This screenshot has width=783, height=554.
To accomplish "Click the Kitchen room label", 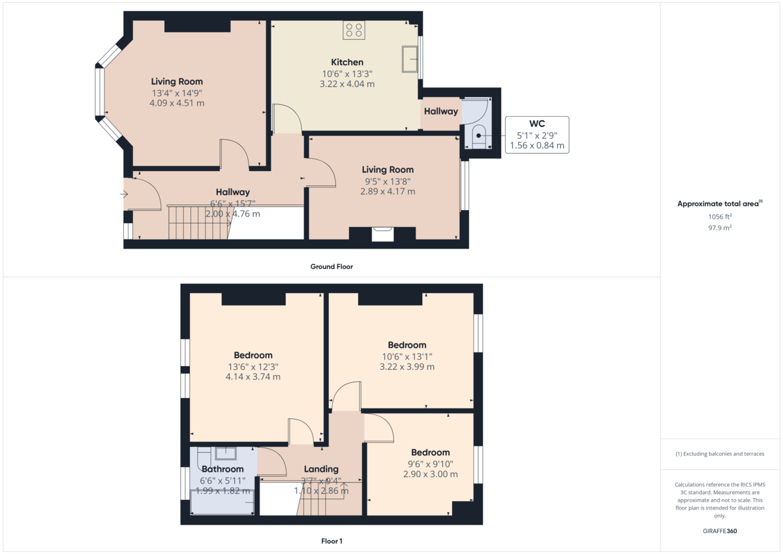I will click(346, 62).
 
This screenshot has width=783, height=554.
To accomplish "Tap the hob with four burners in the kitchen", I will click(354, 29).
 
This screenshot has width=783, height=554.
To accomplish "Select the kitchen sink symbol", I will click(410, 59).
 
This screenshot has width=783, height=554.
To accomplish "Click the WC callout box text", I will click(537, 135).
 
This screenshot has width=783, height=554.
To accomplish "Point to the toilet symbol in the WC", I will click(479, 136).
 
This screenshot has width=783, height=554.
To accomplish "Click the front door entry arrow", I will click(124, 194).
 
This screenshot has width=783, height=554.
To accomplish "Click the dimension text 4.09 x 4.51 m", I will click(177, 103).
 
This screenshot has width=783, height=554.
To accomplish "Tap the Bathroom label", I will click(223, 469).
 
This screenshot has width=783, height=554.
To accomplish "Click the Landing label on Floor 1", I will click(321, 469).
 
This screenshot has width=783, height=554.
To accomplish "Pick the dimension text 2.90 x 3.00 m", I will click(430, 474).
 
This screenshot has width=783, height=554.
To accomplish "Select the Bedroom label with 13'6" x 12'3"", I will click(253, 355).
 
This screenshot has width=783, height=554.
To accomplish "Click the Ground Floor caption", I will click(331, 266).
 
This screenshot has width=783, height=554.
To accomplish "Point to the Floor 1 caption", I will click(331, 541).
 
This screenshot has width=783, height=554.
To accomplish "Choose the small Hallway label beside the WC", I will click(440, 112).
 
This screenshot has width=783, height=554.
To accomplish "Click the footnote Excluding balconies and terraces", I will click(720, 454).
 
